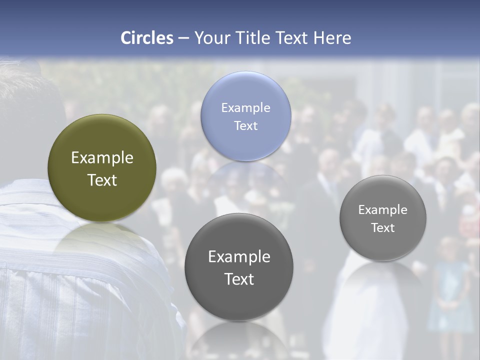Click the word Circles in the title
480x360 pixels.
coord(146,38)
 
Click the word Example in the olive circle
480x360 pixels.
coord(102,157)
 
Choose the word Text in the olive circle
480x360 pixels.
coord(102,180)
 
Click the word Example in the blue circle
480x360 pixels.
coord(245,107)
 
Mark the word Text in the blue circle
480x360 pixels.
coord(245,125)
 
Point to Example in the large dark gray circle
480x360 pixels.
coord(239,256)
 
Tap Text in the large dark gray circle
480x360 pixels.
coord(239,279)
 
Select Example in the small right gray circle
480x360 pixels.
coord(382,209)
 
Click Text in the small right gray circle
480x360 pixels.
coord(382,227)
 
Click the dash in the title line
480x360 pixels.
coord(183,38)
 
